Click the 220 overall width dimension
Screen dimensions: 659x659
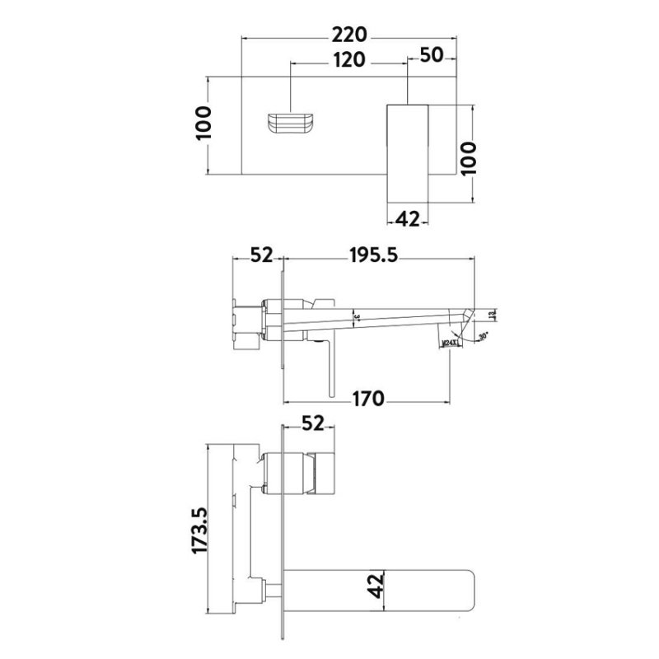350,36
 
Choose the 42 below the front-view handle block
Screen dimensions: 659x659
408,218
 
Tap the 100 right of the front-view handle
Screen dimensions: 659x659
467,154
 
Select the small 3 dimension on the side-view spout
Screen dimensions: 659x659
357,315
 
